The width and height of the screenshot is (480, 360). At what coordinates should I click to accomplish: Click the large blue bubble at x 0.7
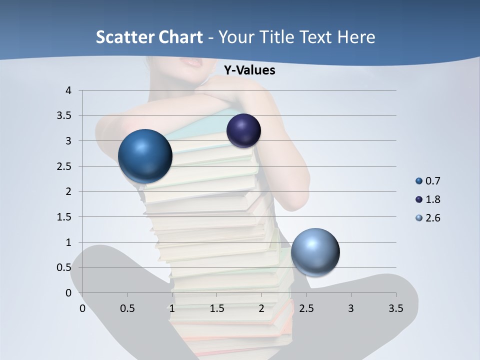(x=145, y=156)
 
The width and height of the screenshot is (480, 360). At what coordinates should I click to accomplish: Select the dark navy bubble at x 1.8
(x=243, y=130)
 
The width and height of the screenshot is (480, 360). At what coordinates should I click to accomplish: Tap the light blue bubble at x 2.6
(x=315, y=252)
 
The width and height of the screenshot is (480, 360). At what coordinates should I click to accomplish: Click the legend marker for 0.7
(x=419, y=181)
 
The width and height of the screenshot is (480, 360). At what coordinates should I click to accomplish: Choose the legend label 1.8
(x=432, y=199)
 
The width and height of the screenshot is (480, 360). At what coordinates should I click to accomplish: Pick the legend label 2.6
(x=432, y=218)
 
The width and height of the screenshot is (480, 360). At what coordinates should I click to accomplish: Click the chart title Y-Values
(x=249, y=70)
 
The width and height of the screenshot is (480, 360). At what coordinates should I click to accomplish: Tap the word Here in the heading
(x=356, y=36)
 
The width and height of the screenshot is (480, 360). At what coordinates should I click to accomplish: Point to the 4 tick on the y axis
(x=68, y=90)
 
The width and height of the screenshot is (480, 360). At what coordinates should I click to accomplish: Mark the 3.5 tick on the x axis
(x=395, y=308)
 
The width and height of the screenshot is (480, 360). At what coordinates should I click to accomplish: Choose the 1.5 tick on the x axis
(x=216, y=308)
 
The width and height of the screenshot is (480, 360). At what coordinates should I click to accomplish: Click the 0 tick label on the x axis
(x=82, y=308)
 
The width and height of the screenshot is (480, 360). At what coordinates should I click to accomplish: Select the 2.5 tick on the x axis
(x=306, y=308)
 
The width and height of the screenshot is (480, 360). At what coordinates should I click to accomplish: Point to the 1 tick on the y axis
(x=68, y=242)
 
